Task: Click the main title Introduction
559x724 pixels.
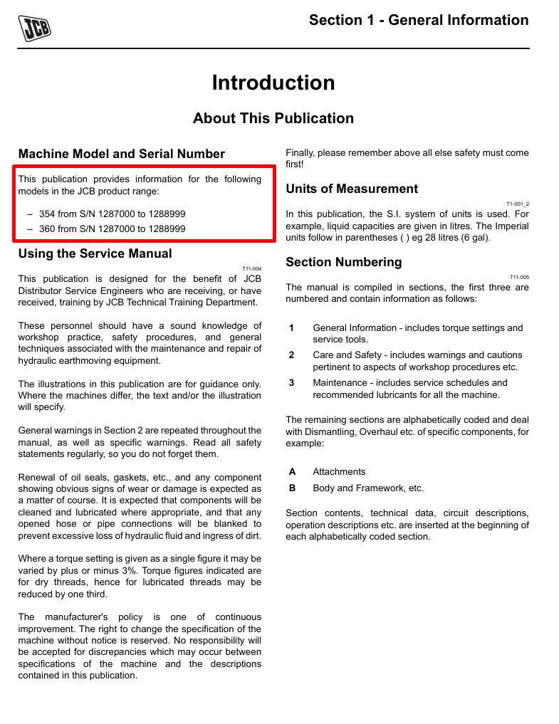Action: [x=273, y=83]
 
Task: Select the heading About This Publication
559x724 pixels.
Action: [x=273, y=118]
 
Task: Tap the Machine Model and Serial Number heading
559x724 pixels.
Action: [x=121, y=154]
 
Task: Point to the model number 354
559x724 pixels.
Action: [x=47, y=214]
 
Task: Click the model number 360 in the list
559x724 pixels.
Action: [x=47, y=229]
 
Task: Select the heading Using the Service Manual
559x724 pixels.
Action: [x=95, y=253]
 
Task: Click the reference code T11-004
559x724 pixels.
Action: [x=252, y=268]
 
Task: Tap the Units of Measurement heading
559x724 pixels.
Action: [x=352, y=189]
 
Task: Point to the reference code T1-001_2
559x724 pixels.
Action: [x=518, y=204]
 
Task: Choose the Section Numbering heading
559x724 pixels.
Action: [x=343, y=262]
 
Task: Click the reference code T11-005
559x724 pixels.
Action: [x=520, y=277]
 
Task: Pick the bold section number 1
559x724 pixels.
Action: [x=292, y=328]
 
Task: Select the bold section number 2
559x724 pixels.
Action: [x=292, y=355]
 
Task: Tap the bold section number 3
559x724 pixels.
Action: [x=292, y=382]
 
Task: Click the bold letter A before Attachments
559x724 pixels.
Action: [x=292, y=472]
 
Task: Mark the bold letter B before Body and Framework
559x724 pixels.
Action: [x=292, y=488]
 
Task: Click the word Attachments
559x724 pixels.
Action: [x=339, y=472]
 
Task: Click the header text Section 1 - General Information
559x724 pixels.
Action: [x=419, y=20]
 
